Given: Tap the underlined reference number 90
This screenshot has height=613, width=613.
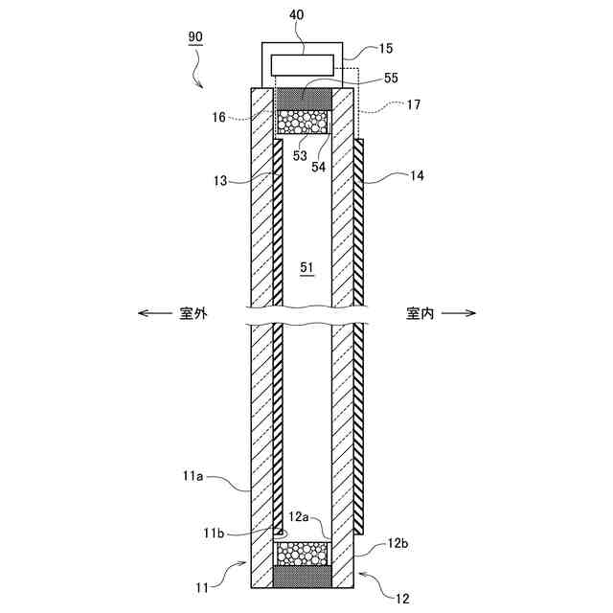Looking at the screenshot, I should pyautogui.click(x=194, y=37).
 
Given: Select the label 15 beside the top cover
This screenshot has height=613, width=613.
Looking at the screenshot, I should pyautogui.click(x=385, y=47).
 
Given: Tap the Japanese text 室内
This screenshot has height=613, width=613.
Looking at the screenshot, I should pyautogui.click(x=420, y=313).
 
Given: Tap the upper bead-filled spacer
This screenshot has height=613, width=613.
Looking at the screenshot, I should pyautogui.click(x=303, y=122).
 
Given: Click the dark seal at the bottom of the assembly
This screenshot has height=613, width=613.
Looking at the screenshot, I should pyautogui.click(x=303, y=578).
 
